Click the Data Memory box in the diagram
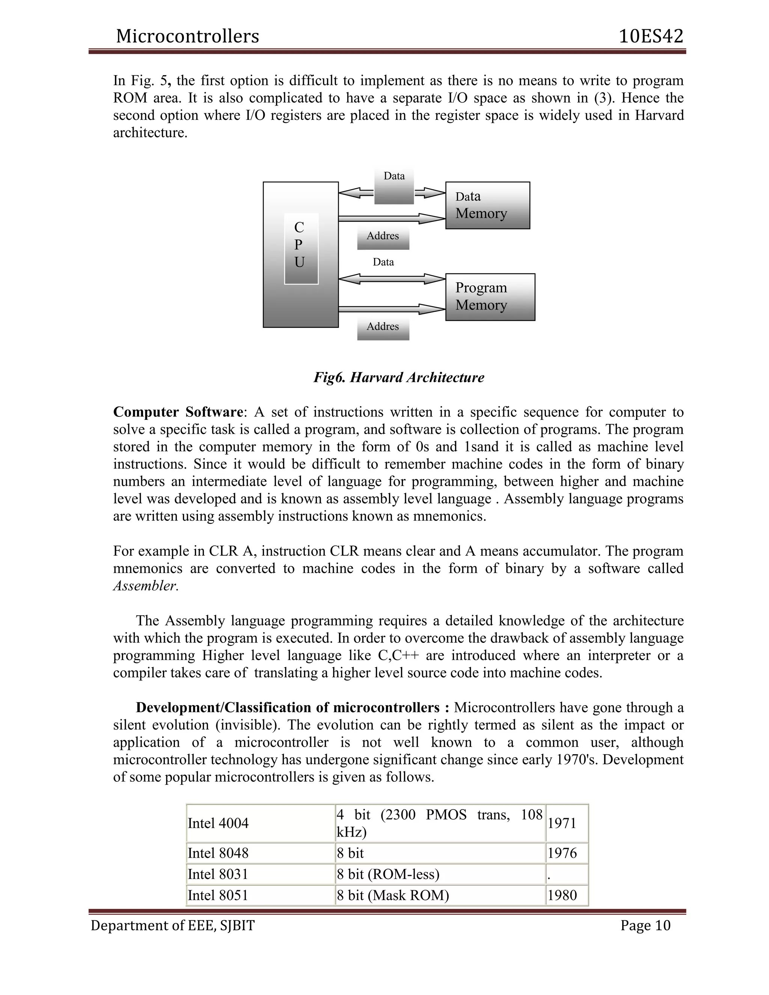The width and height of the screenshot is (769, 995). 487,205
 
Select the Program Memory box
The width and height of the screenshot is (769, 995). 490,297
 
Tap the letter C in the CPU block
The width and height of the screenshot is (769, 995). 299,227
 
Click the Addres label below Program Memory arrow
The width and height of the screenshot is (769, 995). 383,327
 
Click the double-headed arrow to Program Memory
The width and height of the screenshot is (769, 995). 392,278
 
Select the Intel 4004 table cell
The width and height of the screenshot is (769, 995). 218,823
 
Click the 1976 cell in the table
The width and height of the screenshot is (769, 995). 562,853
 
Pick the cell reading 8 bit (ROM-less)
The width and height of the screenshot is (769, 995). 388,874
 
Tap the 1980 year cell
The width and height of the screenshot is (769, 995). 562,895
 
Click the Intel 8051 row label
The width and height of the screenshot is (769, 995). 218,895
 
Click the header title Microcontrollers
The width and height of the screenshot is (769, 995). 187,36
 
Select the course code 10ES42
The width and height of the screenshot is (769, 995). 651,36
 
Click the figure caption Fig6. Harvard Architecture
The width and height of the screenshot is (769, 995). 399,378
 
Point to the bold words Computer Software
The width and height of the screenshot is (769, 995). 178,412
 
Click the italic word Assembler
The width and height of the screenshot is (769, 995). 145,586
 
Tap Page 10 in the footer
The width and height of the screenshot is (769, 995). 645,925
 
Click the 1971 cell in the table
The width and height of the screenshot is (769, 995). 562,823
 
